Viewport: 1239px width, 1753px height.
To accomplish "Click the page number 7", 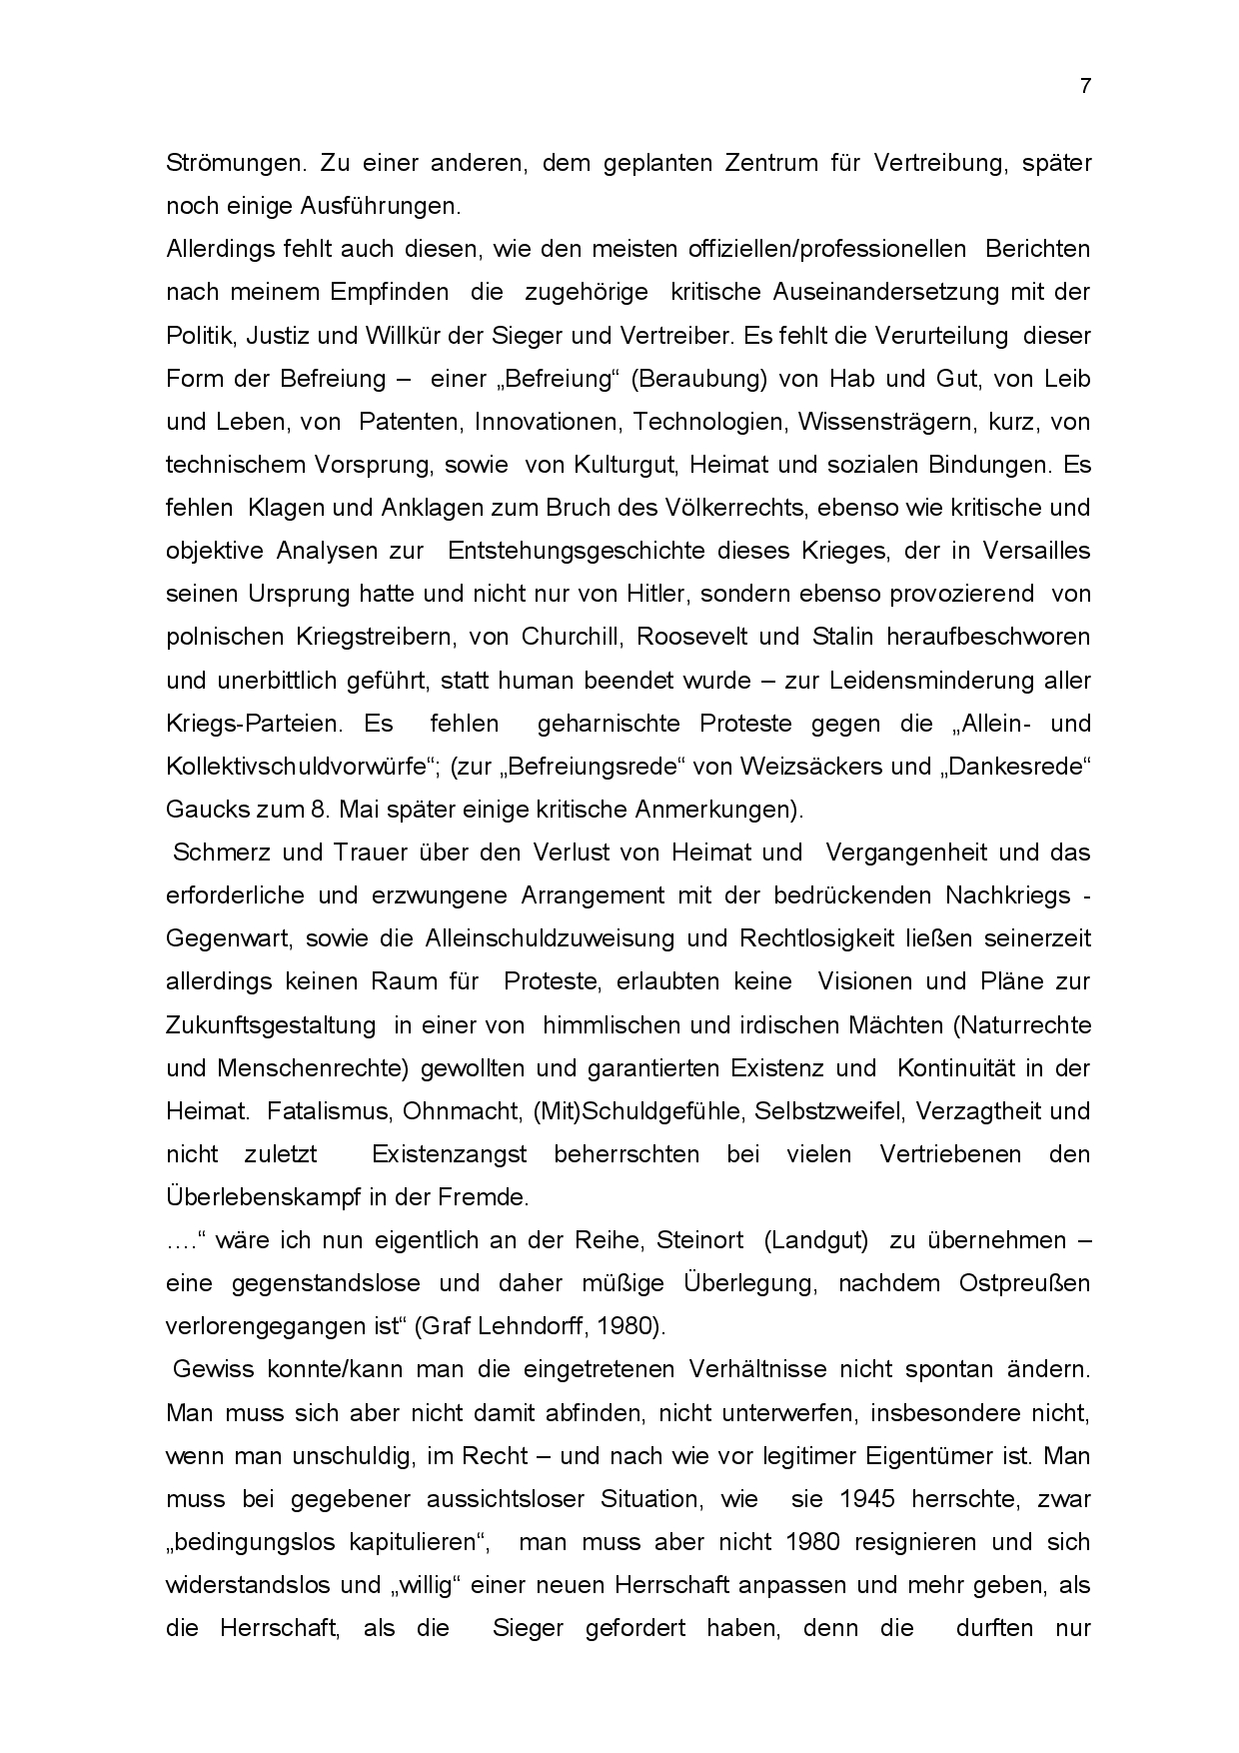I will click(1085, 86).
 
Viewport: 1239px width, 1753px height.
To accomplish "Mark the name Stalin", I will click(815, 637).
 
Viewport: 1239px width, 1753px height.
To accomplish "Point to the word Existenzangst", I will click(449, 1154).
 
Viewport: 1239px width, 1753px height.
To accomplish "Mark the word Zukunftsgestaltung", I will click(271, 1025).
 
